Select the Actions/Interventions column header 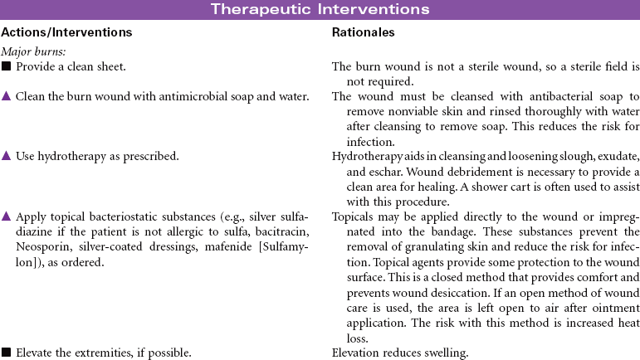tap(67, 32)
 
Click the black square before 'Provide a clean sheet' tap(6, 66)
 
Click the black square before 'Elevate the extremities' tap(6, 353)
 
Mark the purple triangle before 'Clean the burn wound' tap(6, 97)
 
